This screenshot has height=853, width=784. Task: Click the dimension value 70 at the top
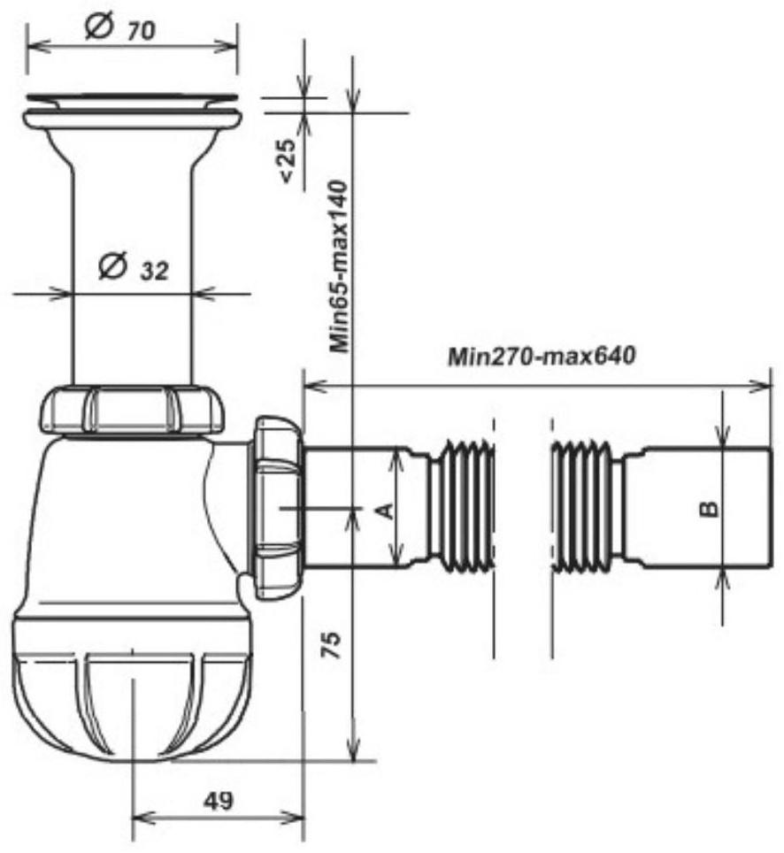coord(142,31)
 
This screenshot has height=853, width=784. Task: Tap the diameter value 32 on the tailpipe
coord(155,271)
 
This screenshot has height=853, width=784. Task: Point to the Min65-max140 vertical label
coord(338,266)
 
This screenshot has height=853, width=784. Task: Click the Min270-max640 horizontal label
coord(542,357)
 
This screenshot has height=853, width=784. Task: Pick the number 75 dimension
coord(331,645)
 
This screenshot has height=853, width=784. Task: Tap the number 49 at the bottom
coord(219,801)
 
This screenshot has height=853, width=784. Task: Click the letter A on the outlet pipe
coord(385,511)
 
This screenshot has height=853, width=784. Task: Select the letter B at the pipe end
coord(709,509)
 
